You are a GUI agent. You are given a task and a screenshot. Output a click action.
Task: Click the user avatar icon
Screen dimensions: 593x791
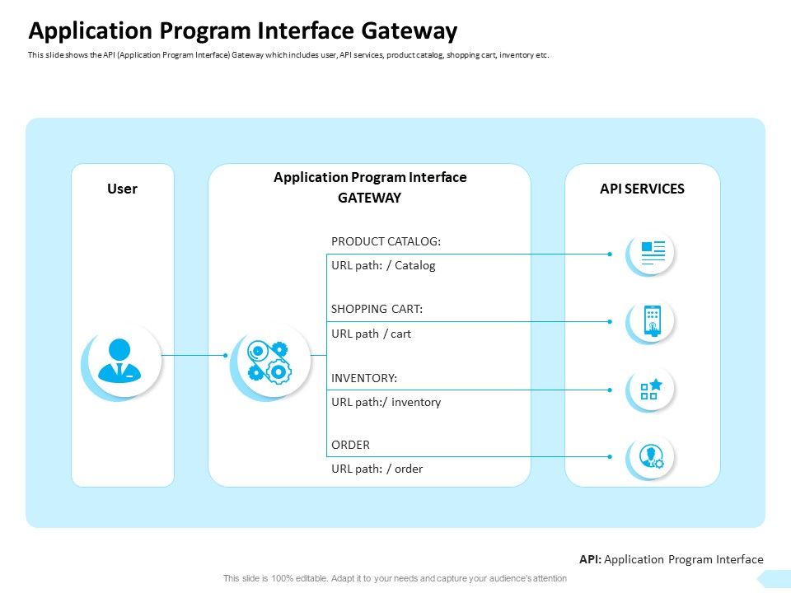point(120,361)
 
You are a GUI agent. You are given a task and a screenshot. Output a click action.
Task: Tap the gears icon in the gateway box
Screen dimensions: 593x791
point(269,361)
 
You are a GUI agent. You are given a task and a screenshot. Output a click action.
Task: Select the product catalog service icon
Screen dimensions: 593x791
point(652,253)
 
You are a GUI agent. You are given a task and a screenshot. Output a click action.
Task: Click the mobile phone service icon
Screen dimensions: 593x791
point(652,321)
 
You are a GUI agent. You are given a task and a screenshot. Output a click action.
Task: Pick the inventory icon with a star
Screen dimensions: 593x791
point(652,390)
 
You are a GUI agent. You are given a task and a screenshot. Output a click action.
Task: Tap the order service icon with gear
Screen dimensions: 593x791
point(652,456)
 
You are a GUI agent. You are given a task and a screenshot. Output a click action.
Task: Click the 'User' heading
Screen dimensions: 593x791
point(122,189)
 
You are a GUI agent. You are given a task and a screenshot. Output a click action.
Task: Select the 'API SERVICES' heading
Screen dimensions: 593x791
point(642,189)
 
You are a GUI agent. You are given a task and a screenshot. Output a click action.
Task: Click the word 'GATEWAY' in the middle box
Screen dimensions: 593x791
point(369,198)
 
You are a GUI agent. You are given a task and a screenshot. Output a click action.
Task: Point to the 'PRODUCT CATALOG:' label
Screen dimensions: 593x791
point(386,241)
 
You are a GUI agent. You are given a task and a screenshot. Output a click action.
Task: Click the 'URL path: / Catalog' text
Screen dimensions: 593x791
point(383,265)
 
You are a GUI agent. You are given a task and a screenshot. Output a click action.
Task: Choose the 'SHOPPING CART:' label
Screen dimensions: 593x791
point(377,309)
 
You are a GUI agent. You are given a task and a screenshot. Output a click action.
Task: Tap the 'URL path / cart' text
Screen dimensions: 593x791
point(371,334)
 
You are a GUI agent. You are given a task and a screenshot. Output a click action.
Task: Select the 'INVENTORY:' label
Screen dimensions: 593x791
point(363,377)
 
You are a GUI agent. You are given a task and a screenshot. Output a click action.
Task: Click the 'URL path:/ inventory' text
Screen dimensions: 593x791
point(386,402)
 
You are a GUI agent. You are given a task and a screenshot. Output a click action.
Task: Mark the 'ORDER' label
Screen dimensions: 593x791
point(350,445)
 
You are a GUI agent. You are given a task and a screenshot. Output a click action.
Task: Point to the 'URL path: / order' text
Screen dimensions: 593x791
point(377,469)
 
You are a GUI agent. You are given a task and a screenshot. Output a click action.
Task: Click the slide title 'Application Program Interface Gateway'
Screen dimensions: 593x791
point(242,31)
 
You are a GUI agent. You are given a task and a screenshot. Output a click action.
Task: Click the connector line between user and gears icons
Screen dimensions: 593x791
point(193,355)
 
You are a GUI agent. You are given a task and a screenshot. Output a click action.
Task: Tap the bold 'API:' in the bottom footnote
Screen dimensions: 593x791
point(591,559)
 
